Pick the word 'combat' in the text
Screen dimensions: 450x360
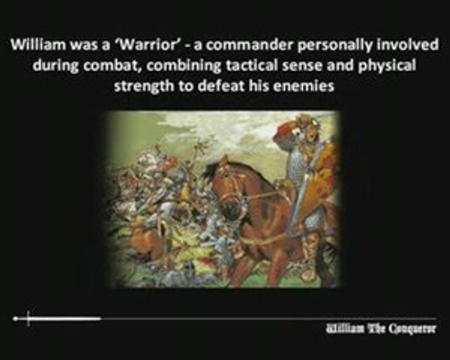pos(112,65)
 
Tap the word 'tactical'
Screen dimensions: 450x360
pos(251,65)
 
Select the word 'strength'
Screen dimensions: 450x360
pos(143,86)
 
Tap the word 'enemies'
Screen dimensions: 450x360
pos(303,86)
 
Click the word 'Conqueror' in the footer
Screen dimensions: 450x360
pos(412,328)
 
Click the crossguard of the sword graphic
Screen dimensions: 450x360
pos(28,318)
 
